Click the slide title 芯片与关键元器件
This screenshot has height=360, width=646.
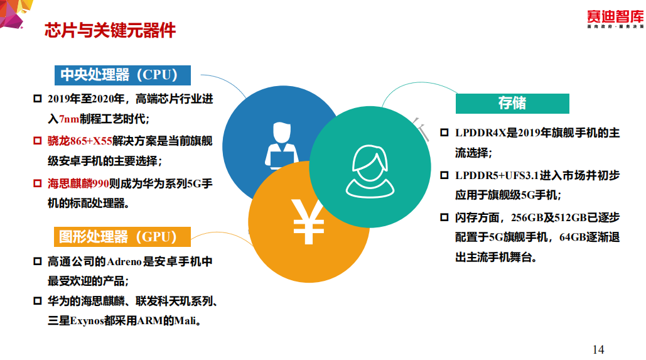110,31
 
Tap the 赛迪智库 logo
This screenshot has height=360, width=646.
615,19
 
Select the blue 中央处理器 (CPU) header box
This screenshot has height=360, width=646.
122,75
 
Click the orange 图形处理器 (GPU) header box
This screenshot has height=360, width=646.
122,237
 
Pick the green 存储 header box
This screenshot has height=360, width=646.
512,103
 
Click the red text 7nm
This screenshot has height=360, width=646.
69,119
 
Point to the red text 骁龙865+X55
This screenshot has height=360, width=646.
80,141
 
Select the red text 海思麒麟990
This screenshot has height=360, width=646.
78,183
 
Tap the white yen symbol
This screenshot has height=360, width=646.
308,222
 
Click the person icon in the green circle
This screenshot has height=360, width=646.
370,171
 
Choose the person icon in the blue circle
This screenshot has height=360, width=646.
282,145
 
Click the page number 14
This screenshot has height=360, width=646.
598,350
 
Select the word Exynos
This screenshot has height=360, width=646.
87,321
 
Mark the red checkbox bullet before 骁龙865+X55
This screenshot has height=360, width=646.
38,141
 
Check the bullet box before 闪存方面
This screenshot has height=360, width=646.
444,217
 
